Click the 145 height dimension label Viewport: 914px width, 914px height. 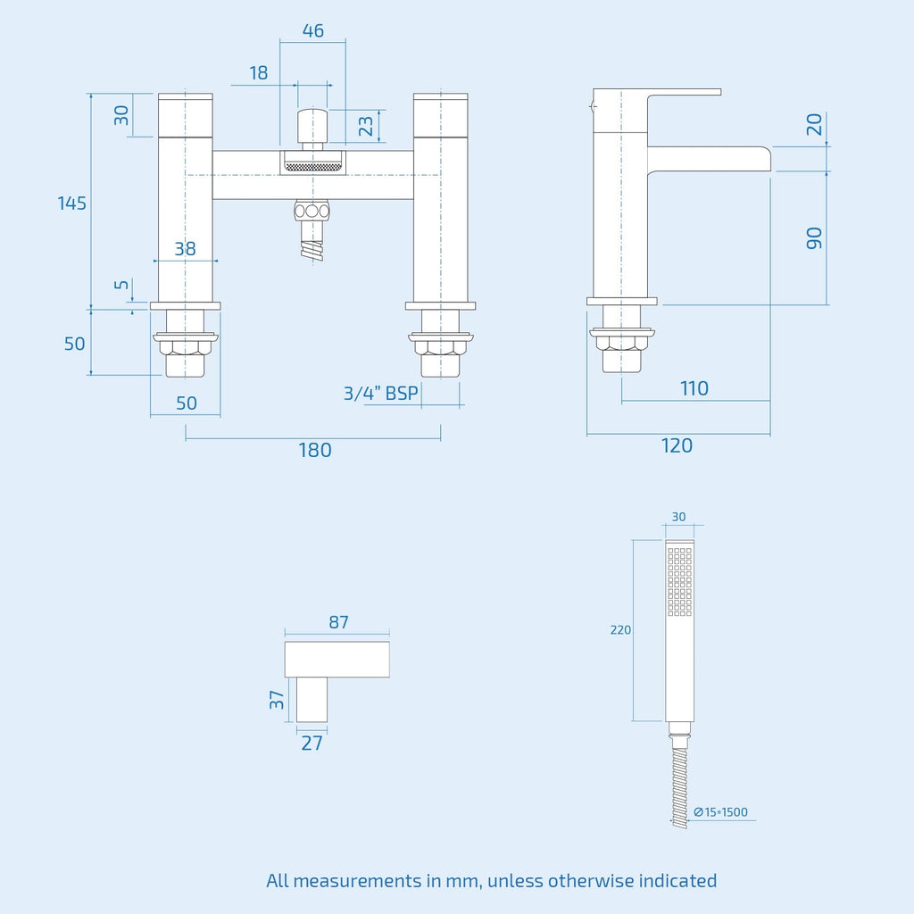click(71, 204)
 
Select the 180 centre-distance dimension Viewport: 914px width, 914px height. click(315, 450)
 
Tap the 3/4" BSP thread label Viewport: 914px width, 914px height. click(380, 394)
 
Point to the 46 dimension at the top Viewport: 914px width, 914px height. click(313, 30)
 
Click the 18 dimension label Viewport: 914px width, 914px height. click(258, 73)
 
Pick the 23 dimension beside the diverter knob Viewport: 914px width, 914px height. click(365, 125)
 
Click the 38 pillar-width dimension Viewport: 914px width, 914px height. click(185, 249)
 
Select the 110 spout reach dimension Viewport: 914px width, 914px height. click(694, 388)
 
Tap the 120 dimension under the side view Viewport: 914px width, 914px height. click(677, 445)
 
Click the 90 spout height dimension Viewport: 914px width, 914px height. click(814, 237)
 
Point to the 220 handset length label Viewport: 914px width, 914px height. click(620, 629)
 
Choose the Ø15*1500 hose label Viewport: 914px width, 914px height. click(720, 812)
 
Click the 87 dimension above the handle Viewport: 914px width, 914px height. click(338, 622)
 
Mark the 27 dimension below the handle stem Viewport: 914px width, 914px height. click(312, 744)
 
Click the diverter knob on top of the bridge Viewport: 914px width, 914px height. click(312, 125)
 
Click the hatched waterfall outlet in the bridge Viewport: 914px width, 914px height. click(313, 167)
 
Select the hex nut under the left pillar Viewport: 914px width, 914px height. click(186, 347)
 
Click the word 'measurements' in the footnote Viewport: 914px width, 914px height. click(357, 880)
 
